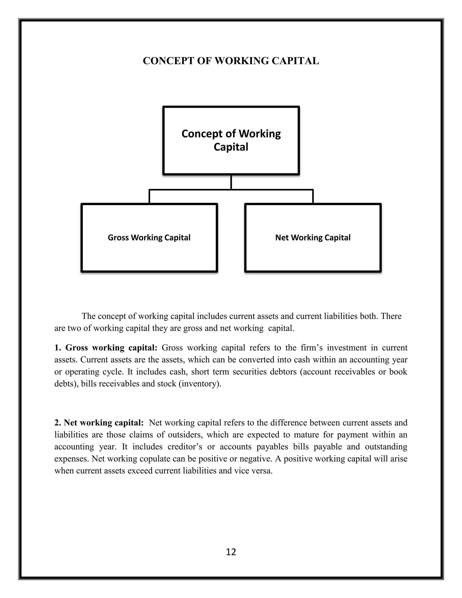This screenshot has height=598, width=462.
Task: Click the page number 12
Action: [x=231, y=552]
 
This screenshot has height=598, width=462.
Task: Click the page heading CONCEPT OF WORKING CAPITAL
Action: [x=231, y=61]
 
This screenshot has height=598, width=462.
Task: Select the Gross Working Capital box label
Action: [x=149, y=237]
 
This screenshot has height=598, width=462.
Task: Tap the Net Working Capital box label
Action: [x=313, y=237]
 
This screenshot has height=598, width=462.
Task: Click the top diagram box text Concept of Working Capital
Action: [x=231, y=140]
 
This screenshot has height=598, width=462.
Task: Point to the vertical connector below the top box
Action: [x=231, y=182]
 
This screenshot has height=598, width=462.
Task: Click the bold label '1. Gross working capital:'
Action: [x=106, y=348]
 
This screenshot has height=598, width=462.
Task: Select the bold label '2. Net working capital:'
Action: [x=99, y=423]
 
